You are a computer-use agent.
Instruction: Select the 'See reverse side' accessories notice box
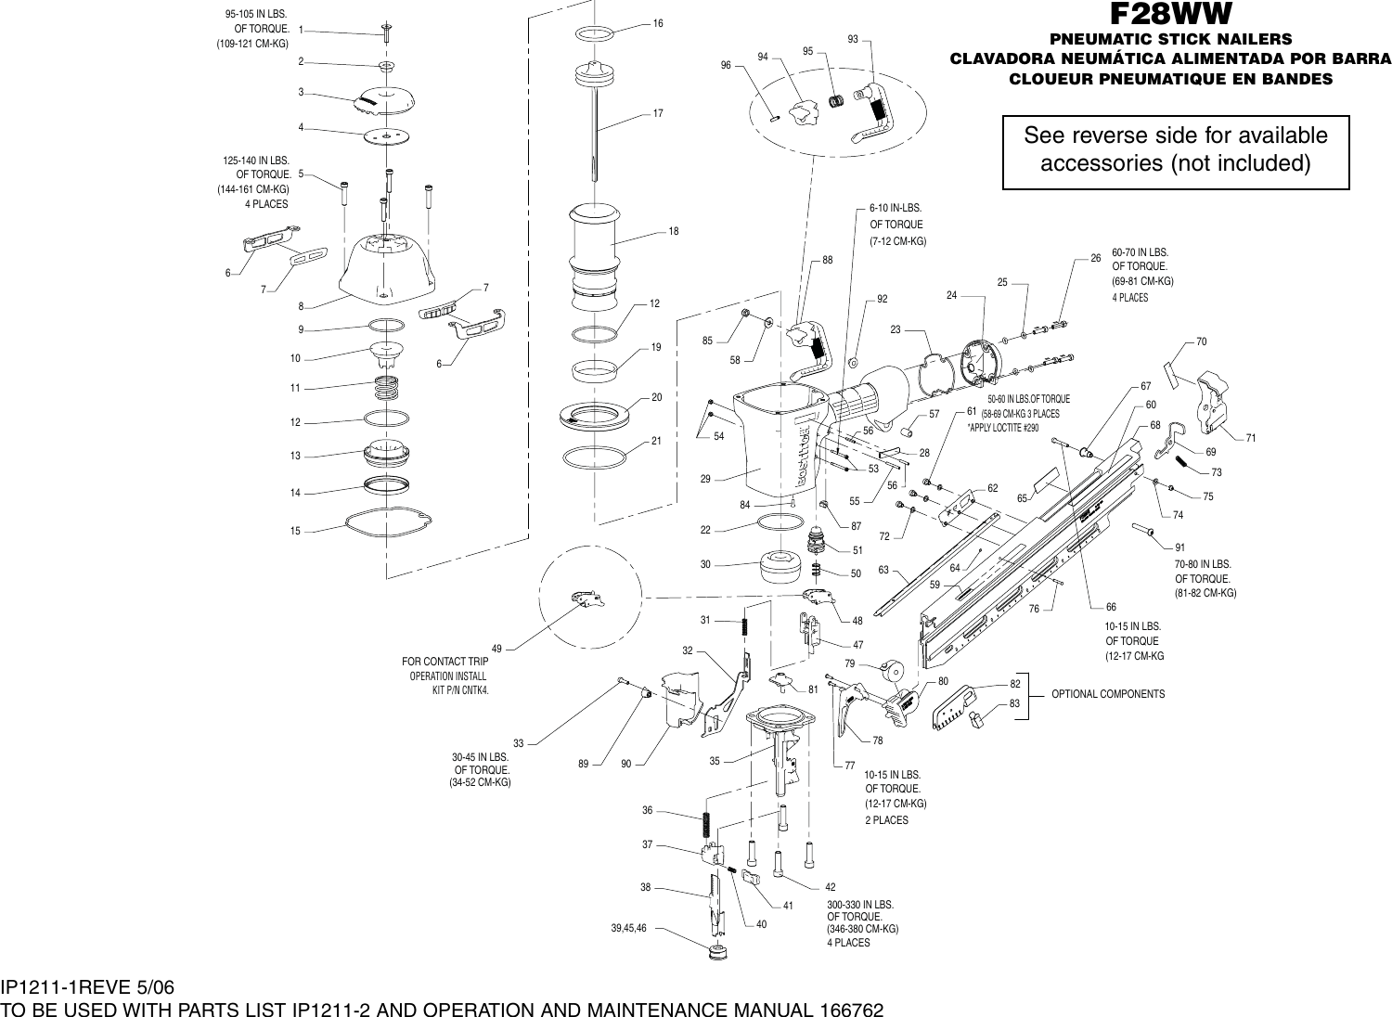point(1176,150)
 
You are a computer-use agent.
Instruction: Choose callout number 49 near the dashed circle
point(496,648)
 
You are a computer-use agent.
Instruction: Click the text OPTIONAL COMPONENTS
point(1107,694)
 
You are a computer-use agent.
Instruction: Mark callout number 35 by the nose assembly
point(715,761)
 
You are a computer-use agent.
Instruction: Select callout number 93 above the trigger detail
point(853,39)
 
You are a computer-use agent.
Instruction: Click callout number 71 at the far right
point(1251,437)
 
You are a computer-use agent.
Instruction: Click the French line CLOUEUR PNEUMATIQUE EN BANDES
point(1170,79)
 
